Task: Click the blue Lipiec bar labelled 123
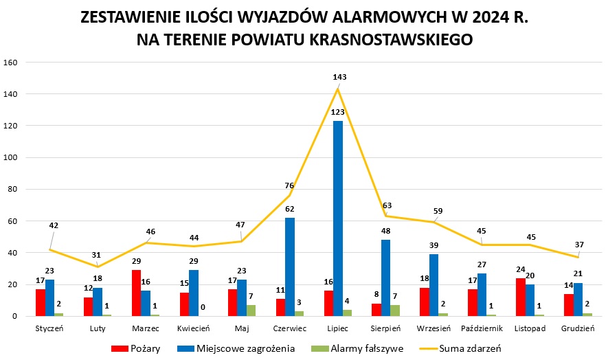pos(337,218)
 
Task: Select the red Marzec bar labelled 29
pos(136,293)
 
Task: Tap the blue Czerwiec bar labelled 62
pos(290,267)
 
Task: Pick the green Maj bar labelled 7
pos(251,311)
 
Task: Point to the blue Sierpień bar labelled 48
pos(385,278)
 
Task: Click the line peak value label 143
pos(339,77)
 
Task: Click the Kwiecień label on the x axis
pos(194,328)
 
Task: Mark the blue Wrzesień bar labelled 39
pos(434,284)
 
